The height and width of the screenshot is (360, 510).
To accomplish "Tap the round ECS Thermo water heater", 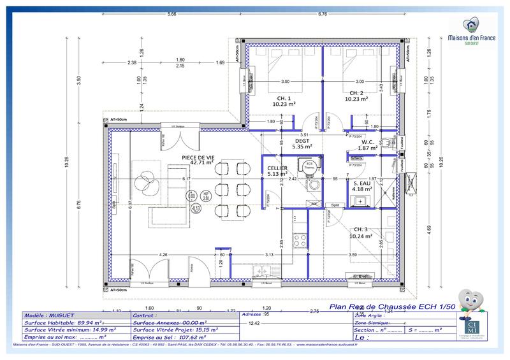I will click(309, 166).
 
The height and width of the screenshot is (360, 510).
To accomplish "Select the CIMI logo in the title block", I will click(473, 328).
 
